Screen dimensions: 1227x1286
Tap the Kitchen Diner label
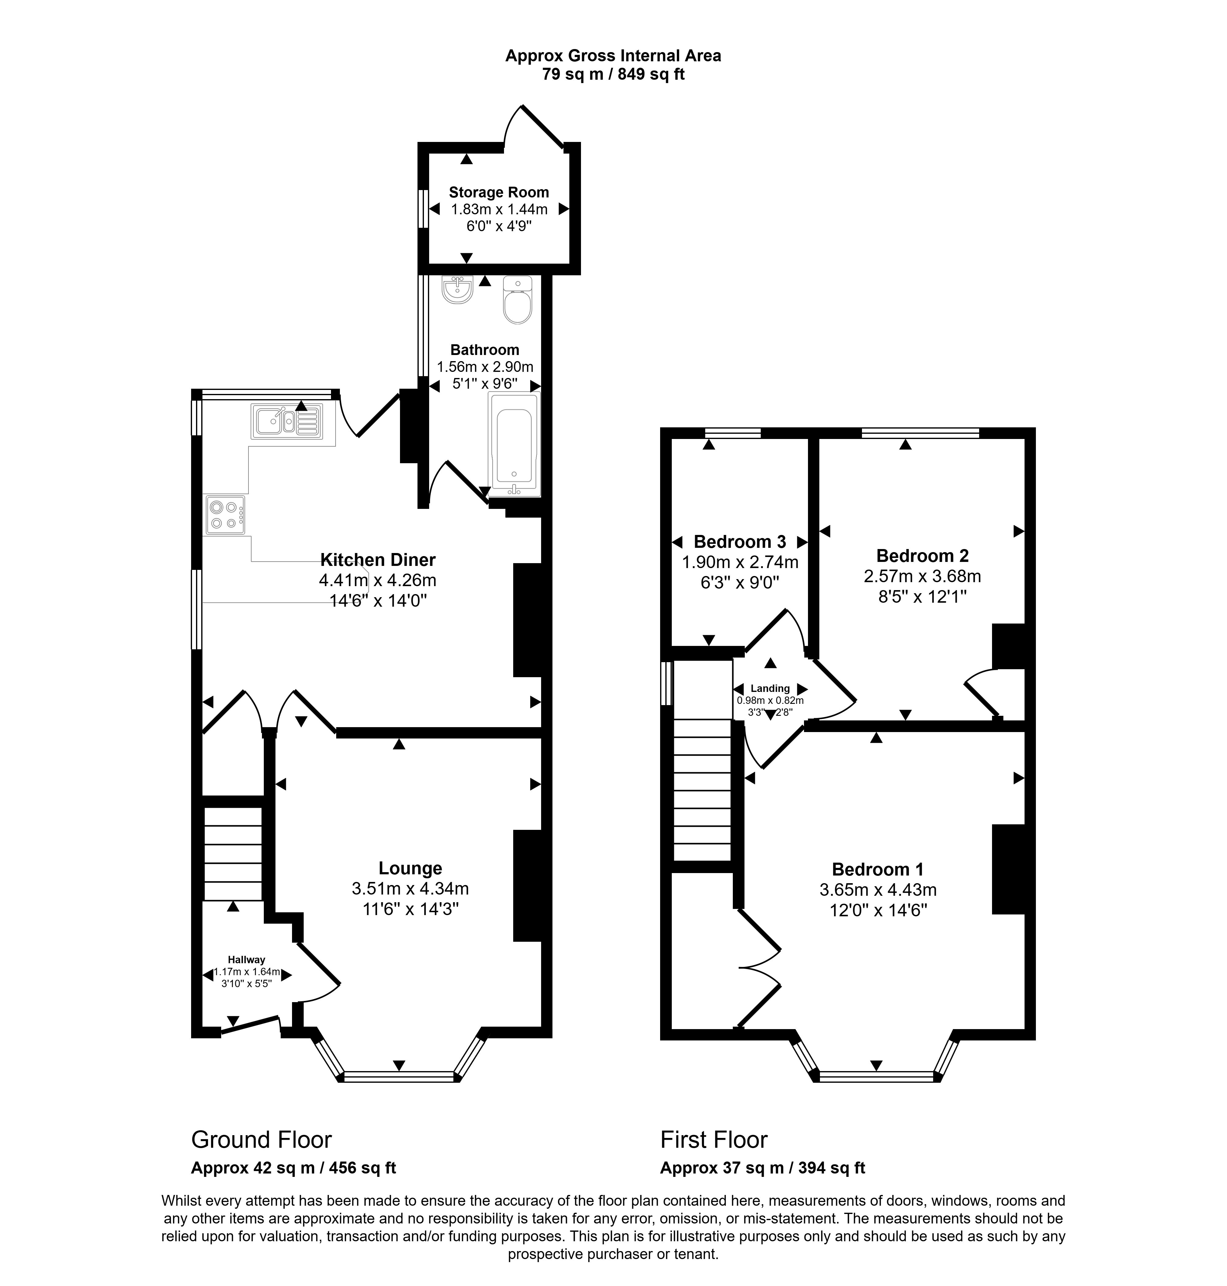(378, 560)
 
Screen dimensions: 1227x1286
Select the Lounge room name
(410, 868)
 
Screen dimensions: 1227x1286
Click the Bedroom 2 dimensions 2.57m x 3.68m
(922, 576)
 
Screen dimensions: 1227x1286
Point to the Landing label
(770, 689)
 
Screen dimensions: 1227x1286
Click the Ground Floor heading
(262, 1139)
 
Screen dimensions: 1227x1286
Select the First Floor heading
(714, 1139)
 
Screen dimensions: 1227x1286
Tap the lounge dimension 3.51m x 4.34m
(410, 888)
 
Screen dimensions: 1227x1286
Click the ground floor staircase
(233, 854)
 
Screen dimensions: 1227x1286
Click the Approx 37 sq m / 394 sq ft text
(763, 1168)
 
